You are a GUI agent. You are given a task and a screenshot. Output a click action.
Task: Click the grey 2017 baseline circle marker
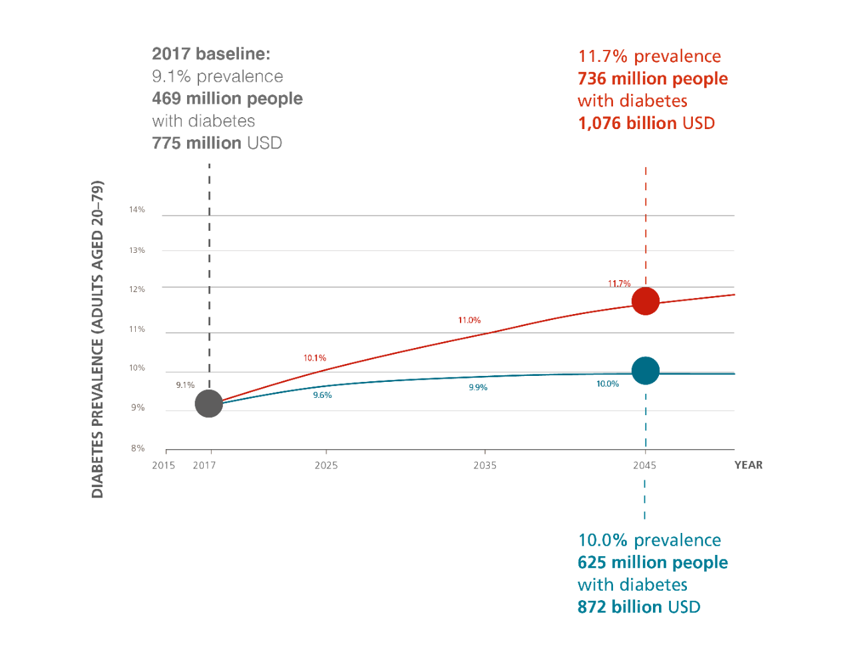click(208, 403)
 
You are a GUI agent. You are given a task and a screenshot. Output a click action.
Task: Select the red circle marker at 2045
click(645, 301)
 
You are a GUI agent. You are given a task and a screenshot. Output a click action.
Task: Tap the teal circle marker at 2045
click(645, 371)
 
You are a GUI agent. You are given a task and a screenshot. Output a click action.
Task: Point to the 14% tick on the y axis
click(137, 210)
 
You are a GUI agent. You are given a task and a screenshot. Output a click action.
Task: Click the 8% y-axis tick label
click(138, 448)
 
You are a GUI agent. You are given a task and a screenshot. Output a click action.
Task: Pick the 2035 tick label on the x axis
click(485, 466)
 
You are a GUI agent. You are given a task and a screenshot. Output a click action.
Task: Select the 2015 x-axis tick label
click(164, 466)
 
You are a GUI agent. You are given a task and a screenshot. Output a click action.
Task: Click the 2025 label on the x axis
click(326, 466)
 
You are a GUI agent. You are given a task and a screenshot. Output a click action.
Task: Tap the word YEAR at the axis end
click(748, 465)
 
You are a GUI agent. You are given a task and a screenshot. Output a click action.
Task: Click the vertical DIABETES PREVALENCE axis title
click(97, 339)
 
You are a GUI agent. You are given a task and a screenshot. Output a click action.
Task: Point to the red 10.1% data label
click(315, 358)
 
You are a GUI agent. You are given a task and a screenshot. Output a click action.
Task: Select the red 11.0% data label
click(469, 320)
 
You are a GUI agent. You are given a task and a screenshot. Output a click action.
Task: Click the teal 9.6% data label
click(322, 395)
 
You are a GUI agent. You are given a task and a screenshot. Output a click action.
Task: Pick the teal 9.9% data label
click(478, 387)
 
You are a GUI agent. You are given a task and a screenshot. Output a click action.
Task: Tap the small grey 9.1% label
click(185, 385)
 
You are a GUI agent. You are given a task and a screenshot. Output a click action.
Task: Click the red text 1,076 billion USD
click(646, 123)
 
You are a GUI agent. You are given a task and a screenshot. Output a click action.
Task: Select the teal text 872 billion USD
click(639, 607)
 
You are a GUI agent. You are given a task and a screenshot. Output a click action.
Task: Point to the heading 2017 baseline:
click(211, 54)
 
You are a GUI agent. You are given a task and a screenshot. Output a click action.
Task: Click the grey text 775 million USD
click(217, 143)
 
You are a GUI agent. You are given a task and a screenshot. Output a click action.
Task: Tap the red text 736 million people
click(652, 79)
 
